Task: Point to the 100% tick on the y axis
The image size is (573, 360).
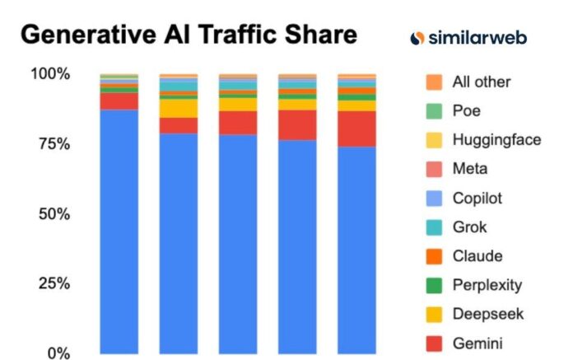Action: click(50, 74)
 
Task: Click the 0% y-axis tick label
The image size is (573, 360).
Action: click(58, 353)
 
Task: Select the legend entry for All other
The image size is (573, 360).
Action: click(481, 82)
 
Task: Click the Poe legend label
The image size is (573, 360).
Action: click(466, 110)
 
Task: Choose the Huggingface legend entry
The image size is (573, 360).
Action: click(496, 139)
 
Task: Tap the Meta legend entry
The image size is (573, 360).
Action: click(469, 169)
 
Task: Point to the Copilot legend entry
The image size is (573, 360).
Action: click(477, 198)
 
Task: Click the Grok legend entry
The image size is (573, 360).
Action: click(469, 227)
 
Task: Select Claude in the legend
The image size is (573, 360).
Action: click(477, 256)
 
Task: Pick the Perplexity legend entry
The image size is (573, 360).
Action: click(487, 285)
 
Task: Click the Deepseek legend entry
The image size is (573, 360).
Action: click(487, 314)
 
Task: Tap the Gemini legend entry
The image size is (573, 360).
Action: click(477, 343)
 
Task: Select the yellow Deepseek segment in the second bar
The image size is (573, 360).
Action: click(179, 108)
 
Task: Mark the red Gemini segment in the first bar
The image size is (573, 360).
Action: click(119, 101)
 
